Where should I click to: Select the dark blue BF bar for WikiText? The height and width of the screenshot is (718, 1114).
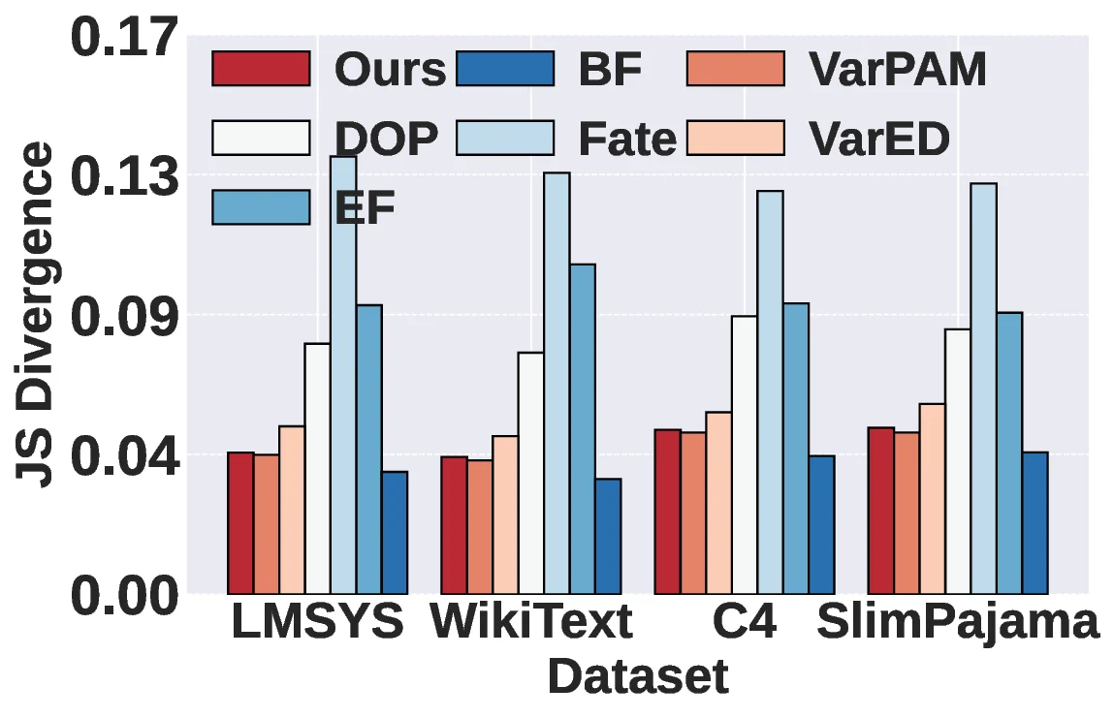click(608, 536)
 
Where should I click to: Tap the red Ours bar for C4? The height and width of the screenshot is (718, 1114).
click(667, 511)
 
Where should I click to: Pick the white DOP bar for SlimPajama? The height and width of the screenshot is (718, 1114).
click(958, 461)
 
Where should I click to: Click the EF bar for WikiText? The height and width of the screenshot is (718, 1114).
click(582, 428)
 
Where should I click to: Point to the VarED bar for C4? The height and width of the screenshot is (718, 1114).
click(718, 502)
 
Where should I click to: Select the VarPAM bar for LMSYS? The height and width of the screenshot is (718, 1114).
click(266, 523)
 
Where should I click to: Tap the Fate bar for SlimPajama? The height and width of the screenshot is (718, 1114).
click(983, 388)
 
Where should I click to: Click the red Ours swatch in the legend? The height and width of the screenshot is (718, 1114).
click(261, 69)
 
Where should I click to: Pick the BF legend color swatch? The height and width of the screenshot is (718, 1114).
click(504, 69)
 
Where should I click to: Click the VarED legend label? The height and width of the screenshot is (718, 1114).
click(879, 139)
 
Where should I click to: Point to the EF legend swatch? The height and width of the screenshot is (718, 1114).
click(261, 207)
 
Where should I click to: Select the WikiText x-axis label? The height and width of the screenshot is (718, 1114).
click(530, 622)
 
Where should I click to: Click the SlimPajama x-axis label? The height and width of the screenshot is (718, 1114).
click(958, 622)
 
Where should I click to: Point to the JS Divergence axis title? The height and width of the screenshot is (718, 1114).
click(37, 315)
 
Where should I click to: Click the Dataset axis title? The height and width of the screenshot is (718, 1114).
click(637, 676)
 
